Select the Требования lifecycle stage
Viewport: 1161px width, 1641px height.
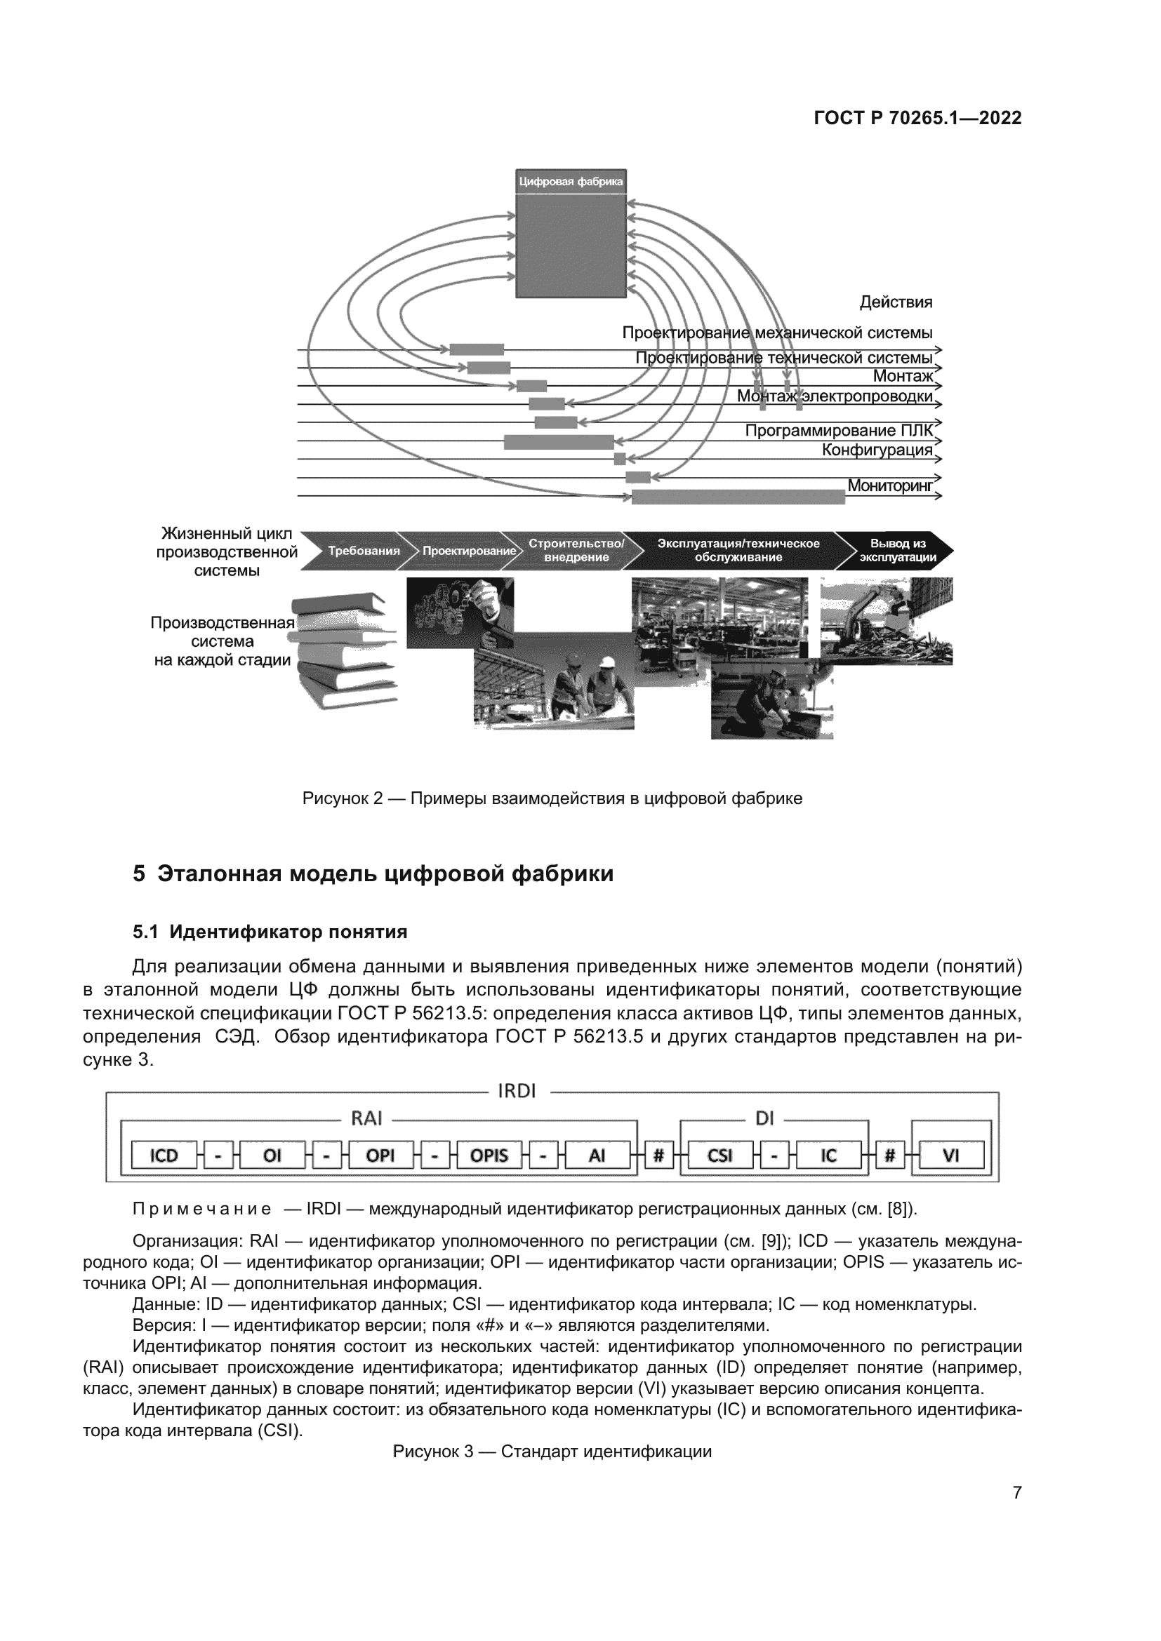tap(363, 550)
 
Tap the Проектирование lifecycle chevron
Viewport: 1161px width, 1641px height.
tap(468, 550)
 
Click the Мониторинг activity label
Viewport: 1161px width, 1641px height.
tap(890, 487)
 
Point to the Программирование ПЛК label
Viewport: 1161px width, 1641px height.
tap(839, 430)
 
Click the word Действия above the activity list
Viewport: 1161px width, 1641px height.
tap(895, 302)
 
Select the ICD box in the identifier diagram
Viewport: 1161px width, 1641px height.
tap(164, 1156)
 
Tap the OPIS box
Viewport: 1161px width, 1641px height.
tap(489, 1156)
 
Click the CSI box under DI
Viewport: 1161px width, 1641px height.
tap(719, 1156)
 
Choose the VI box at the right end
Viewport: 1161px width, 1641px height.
tap(951, 1156)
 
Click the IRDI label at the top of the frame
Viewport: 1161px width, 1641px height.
tap(516, 1092)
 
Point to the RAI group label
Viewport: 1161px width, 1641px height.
tap(366, 1118)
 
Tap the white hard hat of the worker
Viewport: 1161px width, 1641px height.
tap(606, 662)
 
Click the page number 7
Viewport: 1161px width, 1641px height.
tap(1016, 1493)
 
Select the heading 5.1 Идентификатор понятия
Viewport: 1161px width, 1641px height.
tap(270, 932)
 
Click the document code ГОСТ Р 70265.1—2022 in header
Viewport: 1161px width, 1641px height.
tap(917, 119)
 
